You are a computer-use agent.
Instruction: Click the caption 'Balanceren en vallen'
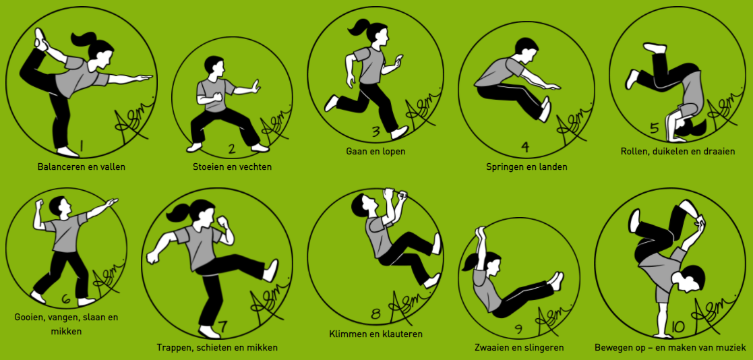point(81,167)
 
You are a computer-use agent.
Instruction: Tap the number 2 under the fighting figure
point(232,149)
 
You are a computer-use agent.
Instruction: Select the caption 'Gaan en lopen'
point(376,151)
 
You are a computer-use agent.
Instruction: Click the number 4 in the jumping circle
point(525,147)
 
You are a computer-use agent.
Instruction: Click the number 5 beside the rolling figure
point(654,127)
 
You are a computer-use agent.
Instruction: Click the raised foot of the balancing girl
point(40,39)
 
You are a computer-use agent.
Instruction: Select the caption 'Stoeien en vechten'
point(232,167)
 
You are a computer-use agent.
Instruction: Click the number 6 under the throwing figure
point(66,299)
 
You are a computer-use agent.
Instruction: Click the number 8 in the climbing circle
point(376,314)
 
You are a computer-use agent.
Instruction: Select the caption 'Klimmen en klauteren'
point(376,334)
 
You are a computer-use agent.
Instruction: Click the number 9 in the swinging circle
point(518,329)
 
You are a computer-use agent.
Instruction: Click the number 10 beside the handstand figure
point(677,327)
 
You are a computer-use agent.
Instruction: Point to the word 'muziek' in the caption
point(731,347)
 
